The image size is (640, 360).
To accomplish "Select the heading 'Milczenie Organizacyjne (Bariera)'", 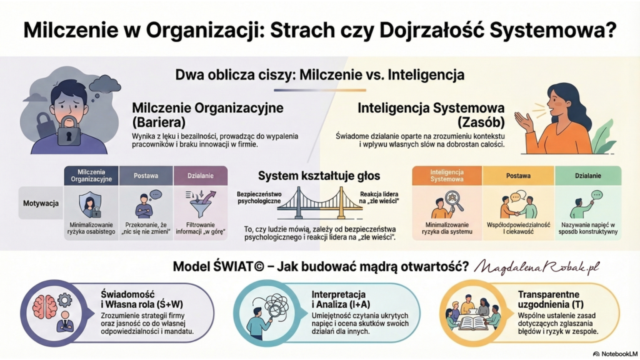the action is click(207, 115).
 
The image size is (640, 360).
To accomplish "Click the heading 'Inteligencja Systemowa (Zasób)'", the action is click(431, 115).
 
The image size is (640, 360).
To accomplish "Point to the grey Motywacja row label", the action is click(41, 203).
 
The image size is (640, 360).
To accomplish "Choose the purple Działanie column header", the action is click(201, 176).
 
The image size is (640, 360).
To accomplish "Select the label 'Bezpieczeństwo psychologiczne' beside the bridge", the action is click(259, 197).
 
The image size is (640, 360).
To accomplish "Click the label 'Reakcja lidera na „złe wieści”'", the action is click(379, 197).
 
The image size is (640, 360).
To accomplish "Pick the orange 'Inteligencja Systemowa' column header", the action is click(446, 176).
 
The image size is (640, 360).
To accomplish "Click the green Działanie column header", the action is click(587, 176).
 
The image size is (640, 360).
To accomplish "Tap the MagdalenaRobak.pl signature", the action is click(537, 266).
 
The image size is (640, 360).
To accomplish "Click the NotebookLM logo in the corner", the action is click(615, 354).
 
